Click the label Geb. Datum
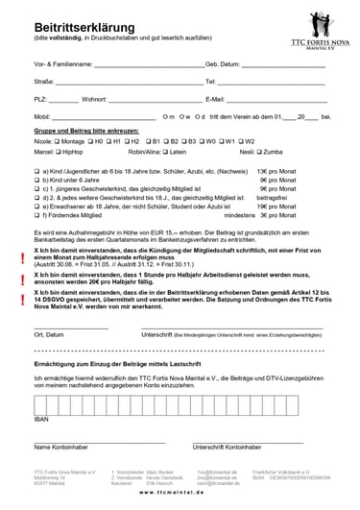click(x=223, y=63)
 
